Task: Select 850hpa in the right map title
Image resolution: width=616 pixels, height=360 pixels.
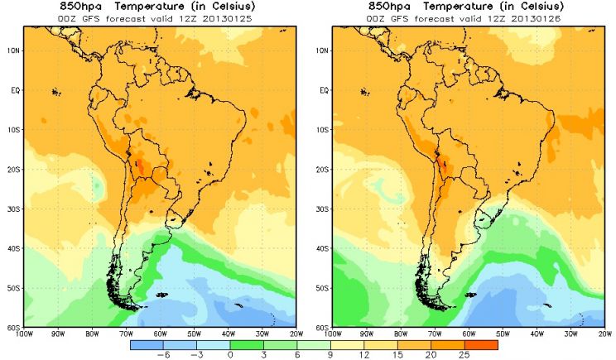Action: pos(389,7)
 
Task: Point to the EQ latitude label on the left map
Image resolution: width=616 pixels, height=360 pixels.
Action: pos(15,90)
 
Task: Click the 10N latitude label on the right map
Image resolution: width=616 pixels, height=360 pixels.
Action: pos(322,50)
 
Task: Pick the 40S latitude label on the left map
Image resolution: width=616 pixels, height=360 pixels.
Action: pos(13,248)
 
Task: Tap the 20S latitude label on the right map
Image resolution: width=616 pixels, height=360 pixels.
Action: pos(322,170)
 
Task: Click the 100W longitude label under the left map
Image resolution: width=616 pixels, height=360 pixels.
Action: pos(23,334)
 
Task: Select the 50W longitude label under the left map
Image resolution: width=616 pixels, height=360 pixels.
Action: pos(194,334)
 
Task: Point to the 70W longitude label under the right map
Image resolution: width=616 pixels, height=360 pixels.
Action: pos(435,334)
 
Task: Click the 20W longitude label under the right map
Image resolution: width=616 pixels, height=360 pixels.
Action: pos(605,334)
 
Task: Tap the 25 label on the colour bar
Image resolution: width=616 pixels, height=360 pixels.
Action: pos(464,355)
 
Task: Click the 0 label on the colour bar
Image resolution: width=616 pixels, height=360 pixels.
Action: pos(230,355)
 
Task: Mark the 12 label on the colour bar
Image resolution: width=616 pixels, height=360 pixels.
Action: pos(364,355)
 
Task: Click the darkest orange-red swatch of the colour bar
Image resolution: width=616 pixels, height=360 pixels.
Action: pos(481,345)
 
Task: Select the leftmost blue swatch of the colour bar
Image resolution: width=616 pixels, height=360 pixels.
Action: pos(147,345)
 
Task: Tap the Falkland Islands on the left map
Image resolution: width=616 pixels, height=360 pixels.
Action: pos(161,295)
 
